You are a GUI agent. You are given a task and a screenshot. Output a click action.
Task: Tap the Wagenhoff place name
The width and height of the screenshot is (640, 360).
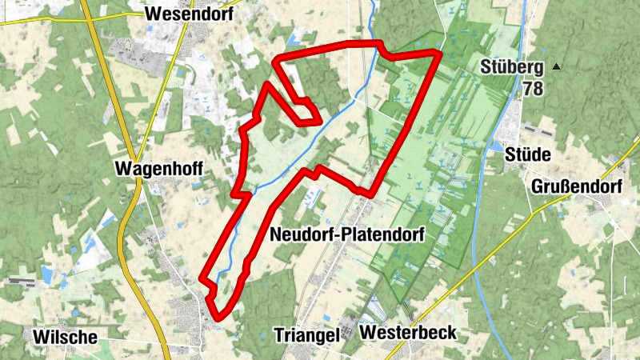[158, 169]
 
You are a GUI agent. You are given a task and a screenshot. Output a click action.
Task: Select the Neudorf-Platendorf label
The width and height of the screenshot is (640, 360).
[346, 234]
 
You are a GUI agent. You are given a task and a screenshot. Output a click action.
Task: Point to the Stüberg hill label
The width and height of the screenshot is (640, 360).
[513, 67]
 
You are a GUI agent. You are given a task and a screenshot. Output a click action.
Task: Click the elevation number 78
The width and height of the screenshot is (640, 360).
[533, 88]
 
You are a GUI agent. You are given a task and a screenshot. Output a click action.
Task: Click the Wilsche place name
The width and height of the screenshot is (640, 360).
[65, 337]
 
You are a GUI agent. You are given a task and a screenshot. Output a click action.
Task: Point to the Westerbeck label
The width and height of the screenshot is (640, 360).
[408, 332]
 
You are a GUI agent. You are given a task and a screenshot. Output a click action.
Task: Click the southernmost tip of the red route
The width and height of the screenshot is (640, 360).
[218, 318]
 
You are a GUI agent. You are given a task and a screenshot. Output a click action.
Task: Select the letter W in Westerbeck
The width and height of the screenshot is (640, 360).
[369, 332]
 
